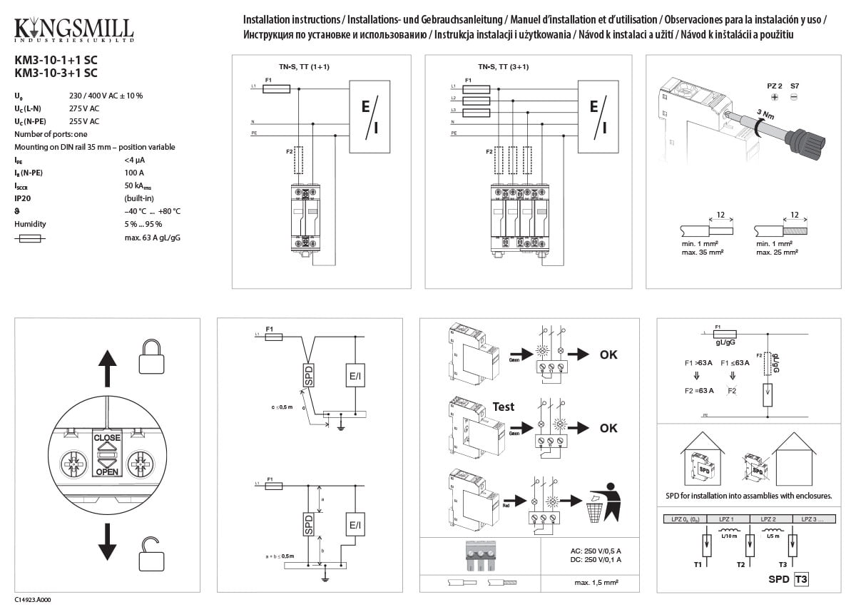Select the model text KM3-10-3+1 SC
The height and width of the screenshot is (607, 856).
[x=56, y=73]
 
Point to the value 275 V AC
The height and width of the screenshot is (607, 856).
[x=83, y=108]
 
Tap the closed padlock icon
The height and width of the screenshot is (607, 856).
[x=151, y=356]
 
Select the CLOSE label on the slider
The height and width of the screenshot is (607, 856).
[x=107, y=437]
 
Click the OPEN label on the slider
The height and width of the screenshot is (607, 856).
[x=107, y=471]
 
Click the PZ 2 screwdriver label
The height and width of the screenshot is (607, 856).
[x=774, y=86]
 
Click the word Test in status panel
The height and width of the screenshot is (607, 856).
[x=504, y=407]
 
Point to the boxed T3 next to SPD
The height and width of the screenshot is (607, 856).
[x=801, y=579]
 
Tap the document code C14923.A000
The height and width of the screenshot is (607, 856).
[x=33, y=601]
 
